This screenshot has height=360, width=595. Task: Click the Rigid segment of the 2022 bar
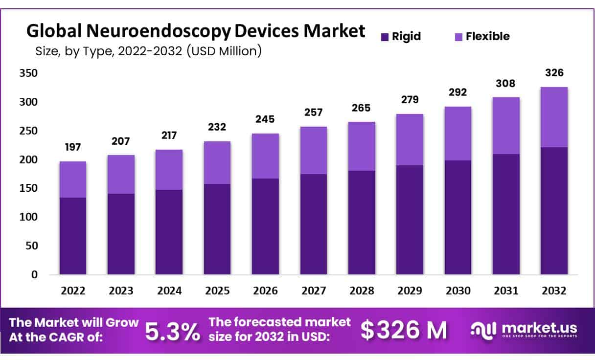(x=73, y=236)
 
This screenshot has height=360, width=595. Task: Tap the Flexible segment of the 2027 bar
(x=314, y=150)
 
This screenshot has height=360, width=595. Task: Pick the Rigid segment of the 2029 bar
(x=410, y=220)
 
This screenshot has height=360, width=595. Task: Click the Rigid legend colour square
(x=385, y=36)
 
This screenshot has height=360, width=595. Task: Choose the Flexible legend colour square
(x=458, y=36)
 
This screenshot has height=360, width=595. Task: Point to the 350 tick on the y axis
(x=28, y=73)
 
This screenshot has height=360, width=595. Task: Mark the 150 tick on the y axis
(x=28, y=188)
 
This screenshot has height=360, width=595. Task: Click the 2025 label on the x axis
(x=217, y=291)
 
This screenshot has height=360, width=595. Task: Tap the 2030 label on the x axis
(x=458, y=291)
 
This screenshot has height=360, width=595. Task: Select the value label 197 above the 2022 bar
(x=73, y=147)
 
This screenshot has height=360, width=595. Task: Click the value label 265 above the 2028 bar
(x=362, y=108)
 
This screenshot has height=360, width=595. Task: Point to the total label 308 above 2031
(x=506, y=84)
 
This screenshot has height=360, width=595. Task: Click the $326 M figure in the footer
(x=404, y=331)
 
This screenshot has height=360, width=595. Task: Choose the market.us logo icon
(x=483, y=330)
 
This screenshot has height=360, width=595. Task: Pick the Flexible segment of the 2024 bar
(x=169, y=170)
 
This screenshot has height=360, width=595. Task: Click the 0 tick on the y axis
(x=34, y=275)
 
